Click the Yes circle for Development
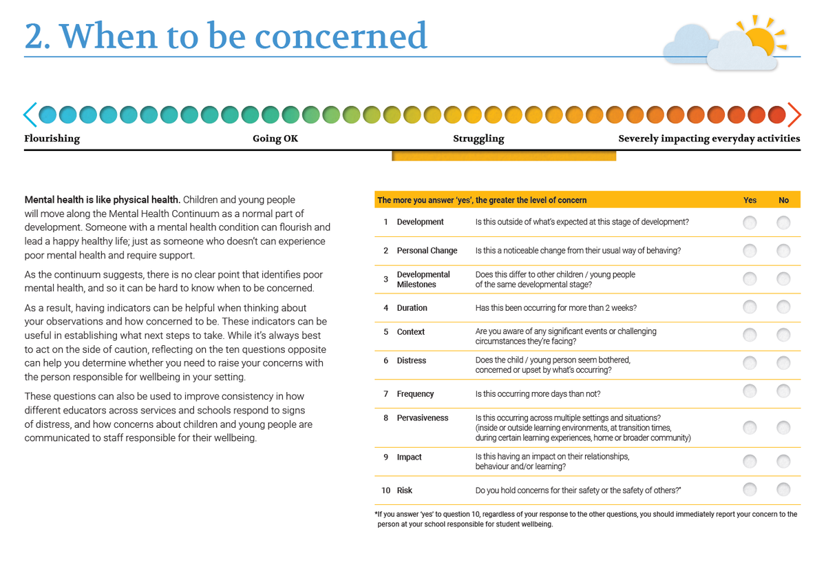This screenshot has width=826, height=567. [750, 223]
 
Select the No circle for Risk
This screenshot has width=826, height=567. [783, 489]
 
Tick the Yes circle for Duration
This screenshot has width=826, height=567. [750, 307]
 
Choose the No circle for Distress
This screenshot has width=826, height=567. [783, 363]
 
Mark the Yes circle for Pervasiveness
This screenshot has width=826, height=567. [750, 427]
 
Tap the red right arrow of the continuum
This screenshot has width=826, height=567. [795, 115]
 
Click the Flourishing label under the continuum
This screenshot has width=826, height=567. [52, 138]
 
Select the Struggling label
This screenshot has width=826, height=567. [478, 138]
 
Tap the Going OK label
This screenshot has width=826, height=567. [275, 138]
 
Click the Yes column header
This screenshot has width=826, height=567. [750, 200]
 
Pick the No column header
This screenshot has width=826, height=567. [783, 200]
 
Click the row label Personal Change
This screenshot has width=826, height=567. [427, 251]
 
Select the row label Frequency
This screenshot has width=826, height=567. [415, 394]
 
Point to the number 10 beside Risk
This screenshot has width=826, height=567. [385, 491]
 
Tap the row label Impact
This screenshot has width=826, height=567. [409, 457]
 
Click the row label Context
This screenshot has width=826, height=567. [411, 332]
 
